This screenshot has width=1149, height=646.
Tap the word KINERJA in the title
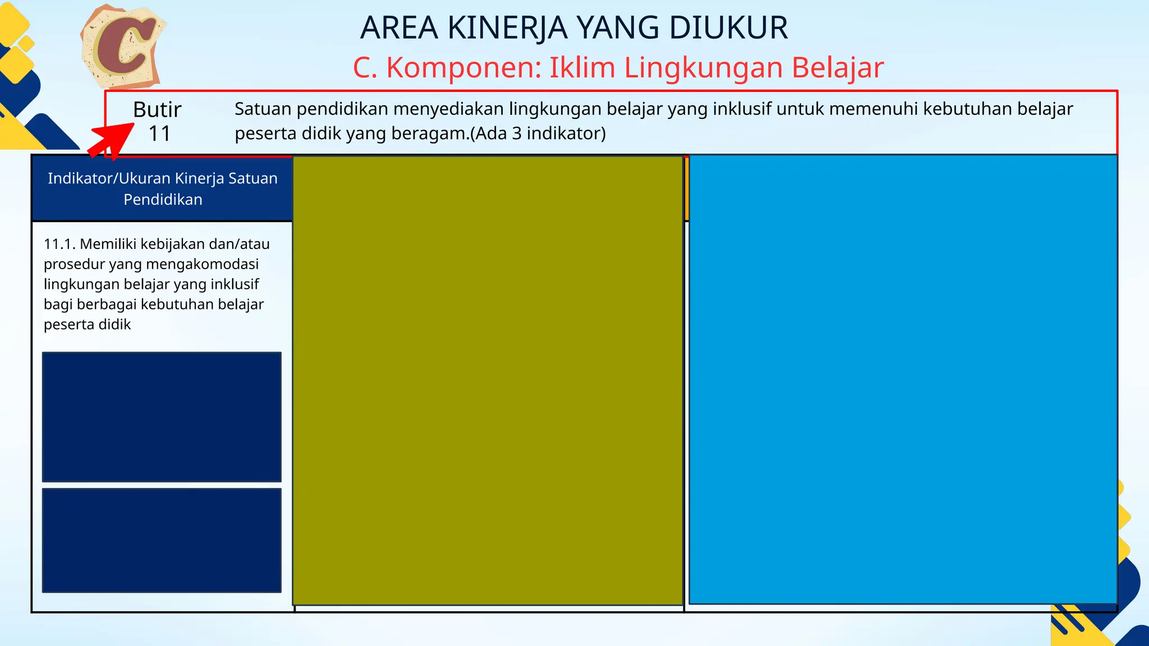click(x=508, y=28)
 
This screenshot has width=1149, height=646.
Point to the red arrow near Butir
click(x=112, y=141)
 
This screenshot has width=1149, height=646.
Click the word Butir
click(x=157, y=109)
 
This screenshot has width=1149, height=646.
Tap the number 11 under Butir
click(x=159, y=134)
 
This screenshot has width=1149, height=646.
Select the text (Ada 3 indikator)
click(x=538, y=133)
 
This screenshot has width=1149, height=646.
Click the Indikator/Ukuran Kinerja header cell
click(x=163, y=188)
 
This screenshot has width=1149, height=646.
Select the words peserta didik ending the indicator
click(x=87, y=325)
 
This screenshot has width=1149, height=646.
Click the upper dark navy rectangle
click(x=162, y=417)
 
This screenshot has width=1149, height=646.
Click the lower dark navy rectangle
click(x=162, y=540)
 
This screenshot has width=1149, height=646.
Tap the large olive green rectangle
click(x=488, y=380)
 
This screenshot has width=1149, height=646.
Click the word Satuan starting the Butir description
click(x=263, y=109)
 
